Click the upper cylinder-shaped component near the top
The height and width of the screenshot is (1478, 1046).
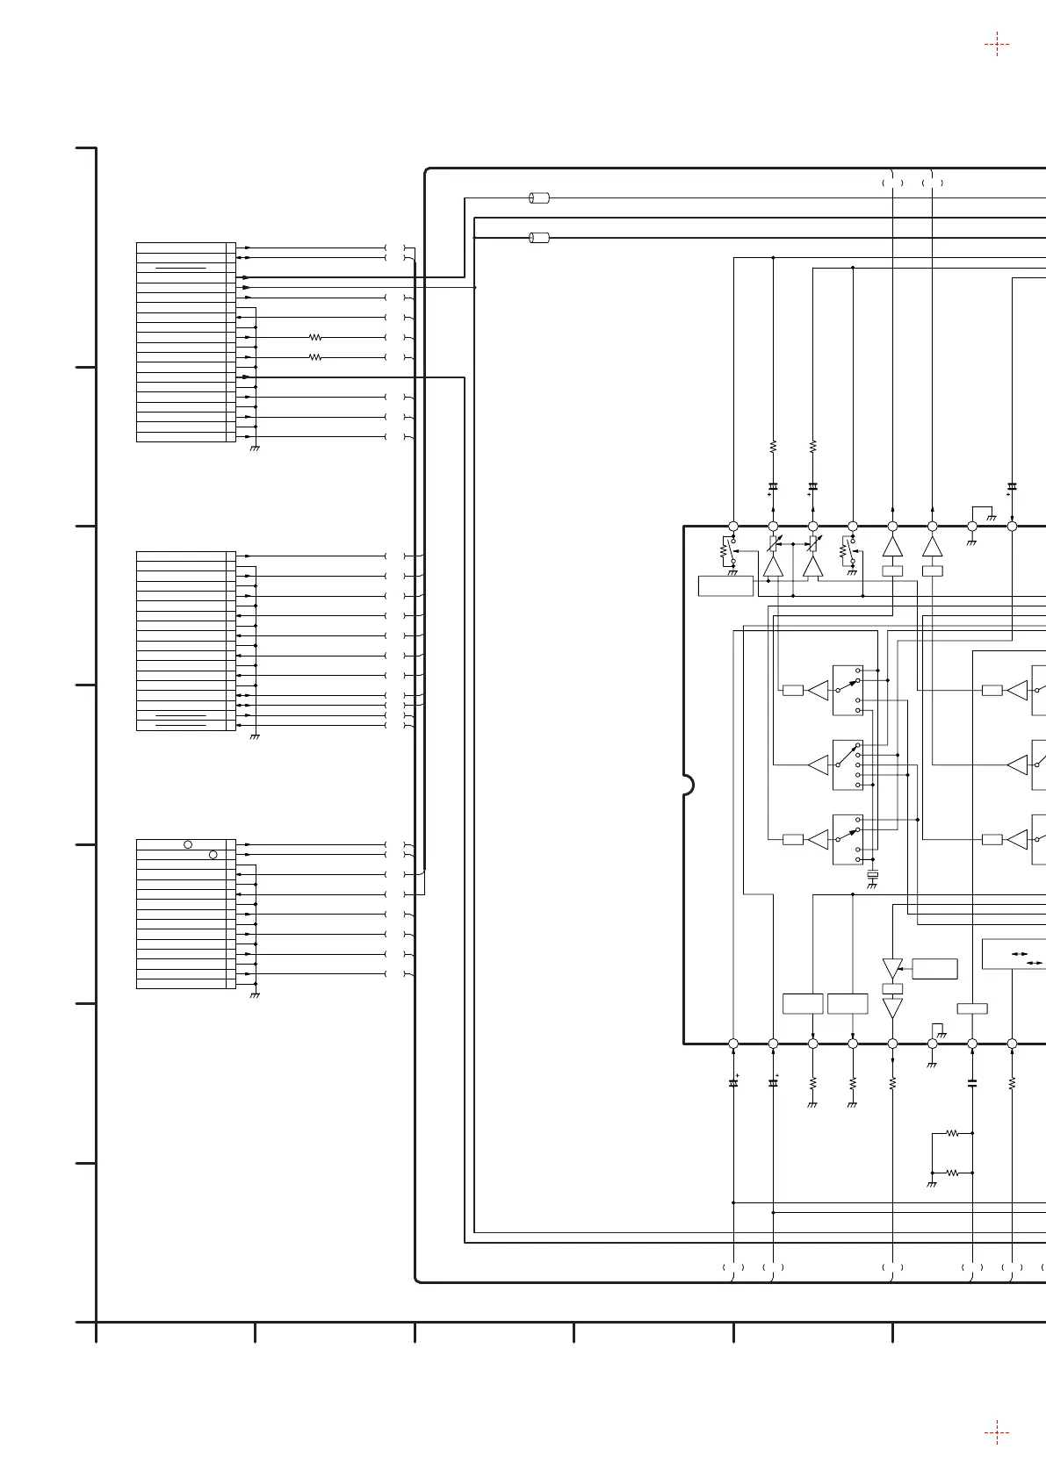point(539,198)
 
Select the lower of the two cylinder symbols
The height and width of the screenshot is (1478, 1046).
point(539,237)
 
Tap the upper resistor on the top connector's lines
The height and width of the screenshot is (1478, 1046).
point(316,337)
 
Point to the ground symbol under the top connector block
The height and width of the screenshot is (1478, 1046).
point(255,448)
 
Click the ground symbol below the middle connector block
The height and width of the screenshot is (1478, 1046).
point(255,736)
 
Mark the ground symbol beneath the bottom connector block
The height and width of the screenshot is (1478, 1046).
point(255,995)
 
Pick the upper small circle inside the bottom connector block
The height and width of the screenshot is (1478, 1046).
point(188,844)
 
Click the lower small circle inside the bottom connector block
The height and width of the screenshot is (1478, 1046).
point(213,854)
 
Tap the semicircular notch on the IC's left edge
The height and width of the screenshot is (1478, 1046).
point(689,785)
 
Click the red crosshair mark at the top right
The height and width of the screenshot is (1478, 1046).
point(997,43)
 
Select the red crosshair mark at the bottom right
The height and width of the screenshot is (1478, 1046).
point(997,1433)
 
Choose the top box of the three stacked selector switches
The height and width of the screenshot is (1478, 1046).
point(848,690)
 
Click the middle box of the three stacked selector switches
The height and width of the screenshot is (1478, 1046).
point(848,764)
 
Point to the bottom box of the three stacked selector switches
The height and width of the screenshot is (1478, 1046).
point(848,839)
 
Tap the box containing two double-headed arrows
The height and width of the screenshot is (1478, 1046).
point(1014,954)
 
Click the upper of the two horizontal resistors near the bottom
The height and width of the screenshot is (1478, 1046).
point(953,1133)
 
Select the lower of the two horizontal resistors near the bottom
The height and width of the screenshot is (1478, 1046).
point(953,1173)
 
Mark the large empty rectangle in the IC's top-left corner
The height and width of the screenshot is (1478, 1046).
point(725,585)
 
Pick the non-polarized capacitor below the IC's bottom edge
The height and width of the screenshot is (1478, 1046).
point(972,1084)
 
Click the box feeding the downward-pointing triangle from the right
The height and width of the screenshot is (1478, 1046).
point(934,969)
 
